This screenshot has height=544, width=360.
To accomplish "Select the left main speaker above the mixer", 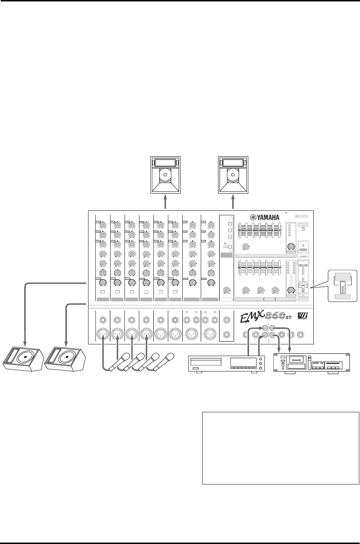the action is pyautogui.click(x=165, y=175).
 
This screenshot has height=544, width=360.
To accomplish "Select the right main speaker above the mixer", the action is pyautogui.click(x=233, y=175).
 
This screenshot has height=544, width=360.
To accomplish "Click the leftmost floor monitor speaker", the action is pyautogui.click(x=22, y=359).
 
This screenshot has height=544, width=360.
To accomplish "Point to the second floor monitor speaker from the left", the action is pyautogui.click(x=65, y=359).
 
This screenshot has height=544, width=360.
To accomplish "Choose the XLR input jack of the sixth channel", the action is pyautogui.click(x=175, y=334).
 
